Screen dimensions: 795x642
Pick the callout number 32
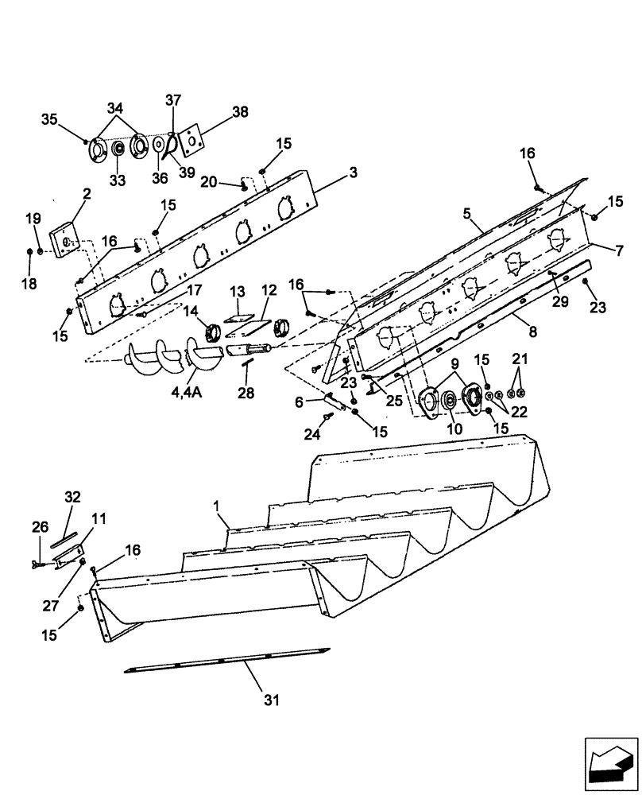(x=73, y=497)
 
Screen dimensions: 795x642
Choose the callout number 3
(x=353, y=173)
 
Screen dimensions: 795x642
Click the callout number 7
(x=619, y=250)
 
